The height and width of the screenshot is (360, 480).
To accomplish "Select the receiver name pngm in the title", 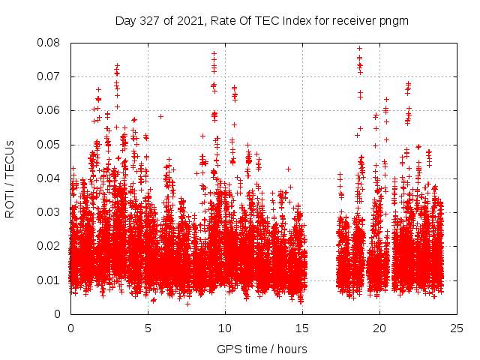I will tap(393, 20).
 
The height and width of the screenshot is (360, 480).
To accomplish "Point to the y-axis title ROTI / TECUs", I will tap(10, 178).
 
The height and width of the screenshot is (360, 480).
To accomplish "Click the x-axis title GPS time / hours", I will tap(262, 349).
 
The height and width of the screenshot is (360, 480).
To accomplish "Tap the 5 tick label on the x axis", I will tap(148, 328).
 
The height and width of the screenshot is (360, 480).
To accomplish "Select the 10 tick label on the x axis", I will tap(225, 328).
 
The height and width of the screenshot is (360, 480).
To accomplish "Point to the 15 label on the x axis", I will tap(302, 328).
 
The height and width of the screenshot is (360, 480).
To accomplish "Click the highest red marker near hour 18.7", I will tap(359, 49).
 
